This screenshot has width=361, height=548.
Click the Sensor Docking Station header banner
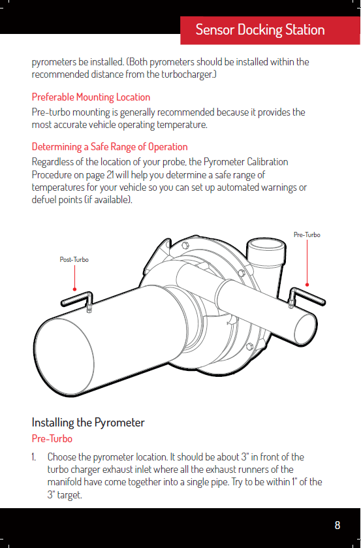point(270,30)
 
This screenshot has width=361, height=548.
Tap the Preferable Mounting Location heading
point(91,97)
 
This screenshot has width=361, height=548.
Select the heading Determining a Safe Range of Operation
point(110,146)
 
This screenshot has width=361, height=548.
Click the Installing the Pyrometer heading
point(88,422)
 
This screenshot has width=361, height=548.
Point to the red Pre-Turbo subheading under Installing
point(52,438)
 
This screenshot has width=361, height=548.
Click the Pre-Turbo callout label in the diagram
point(307,235)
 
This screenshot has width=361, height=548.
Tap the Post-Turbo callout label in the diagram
point(74,260)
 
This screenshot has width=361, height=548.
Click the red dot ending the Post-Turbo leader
point(74,289)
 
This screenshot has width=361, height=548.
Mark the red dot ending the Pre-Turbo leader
point(307,285)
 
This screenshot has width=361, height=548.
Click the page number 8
point(337,525)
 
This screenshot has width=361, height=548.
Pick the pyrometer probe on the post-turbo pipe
point(78,300)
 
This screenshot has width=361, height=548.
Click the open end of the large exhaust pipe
point(65,357)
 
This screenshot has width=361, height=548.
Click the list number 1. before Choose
point(34,457)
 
